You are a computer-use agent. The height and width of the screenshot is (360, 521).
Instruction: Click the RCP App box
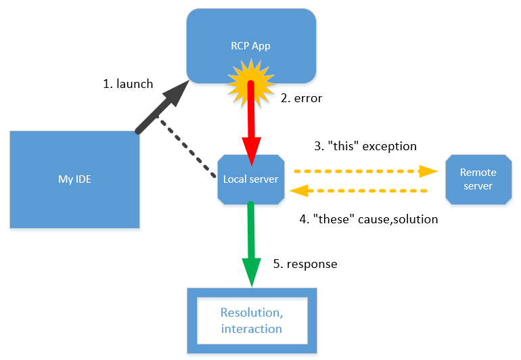tap(251, 34)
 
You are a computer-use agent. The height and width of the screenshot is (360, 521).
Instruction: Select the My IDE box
tap(74, 179)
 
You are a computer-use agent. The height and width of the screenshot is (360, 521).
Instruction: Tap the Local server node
tap(251, 179)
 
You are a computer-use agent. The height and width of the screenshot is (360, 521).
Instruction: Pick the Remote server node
tap(478, 179)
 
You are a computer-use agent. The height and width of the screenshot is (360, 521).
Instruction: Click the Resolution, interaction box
tap(251, 320)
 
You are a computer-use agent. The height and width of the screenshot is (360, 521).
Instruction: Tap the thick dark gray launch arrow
tap(162, 108)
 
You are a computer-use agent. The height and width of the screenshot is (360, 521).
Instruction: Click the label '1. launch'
tap(128, 85)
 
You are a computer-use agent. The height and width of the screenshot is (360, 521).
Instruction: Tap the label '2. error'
tap(301, 98)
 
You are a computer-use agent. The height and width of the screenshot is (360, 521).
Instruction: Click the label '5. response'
tap(305, 264)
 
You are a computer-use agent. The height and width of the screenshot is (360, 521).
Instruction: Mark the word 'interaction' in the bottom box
tap(251, 329)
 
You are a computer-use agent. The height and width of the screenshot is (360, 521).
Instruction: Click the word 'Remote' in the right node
tap(478, 173)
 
